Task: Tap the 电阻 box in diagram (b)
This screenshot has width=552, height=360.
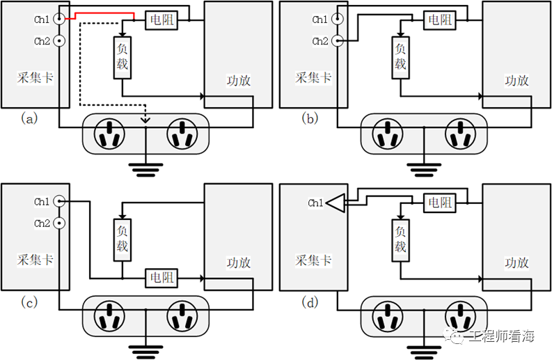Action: pos(440,20)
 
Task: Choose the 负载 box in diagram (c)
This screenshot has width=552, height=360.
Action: pos(122,240)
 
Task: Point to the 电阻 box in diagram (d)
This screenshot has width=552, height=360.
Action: pos(440,203)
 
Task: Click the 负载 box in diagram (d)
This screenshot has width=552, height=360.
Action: pos(400,240)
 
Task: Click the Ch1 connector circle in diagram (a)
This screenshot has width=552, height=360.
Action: pos(60,19)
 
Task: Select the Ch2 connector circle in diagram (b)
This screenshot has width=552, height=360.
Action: pos(338,41)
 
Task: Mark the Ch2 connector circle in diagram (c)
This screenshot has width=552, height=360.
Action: pos(60,224)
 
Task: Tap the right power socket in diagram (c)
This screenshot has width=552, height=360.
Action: pos(182,316)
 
